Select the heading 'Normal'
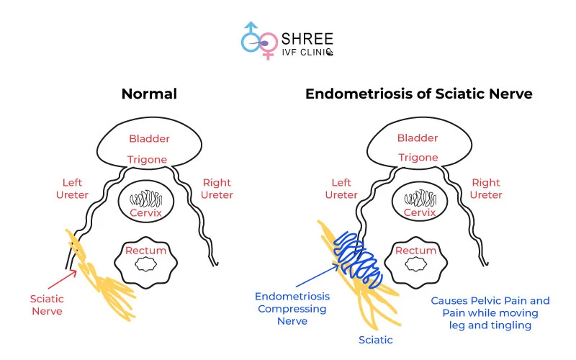click(x=149, y=94)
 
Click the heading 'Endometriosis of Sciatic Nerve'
click(x=418, y=94)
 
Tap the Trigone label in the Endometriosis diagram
click(x=418, y=157)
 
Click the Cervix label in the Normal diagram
click(x=145, y=213)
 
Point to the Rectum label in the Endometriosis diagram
click(x=415, y=251)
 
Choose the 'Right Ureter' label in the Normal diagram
click(x=217, y=189)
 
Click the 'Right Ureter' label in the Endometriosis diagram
click(x=486, y=189)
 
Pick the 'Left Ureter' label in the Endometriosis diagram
click(x=341, y=189)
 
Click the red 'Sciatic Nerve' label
click(x=47, y=305)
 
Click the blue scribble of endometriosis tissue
click(x=359, y=256)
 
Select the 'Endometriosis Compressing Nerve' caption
click(x=292, y=308)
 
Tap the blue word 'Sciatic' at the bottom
click(x=375, y=339)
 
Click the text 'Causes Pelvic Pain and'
click(x=490, y=300)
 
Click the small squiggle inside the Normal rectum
click(x=147, y=264)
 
